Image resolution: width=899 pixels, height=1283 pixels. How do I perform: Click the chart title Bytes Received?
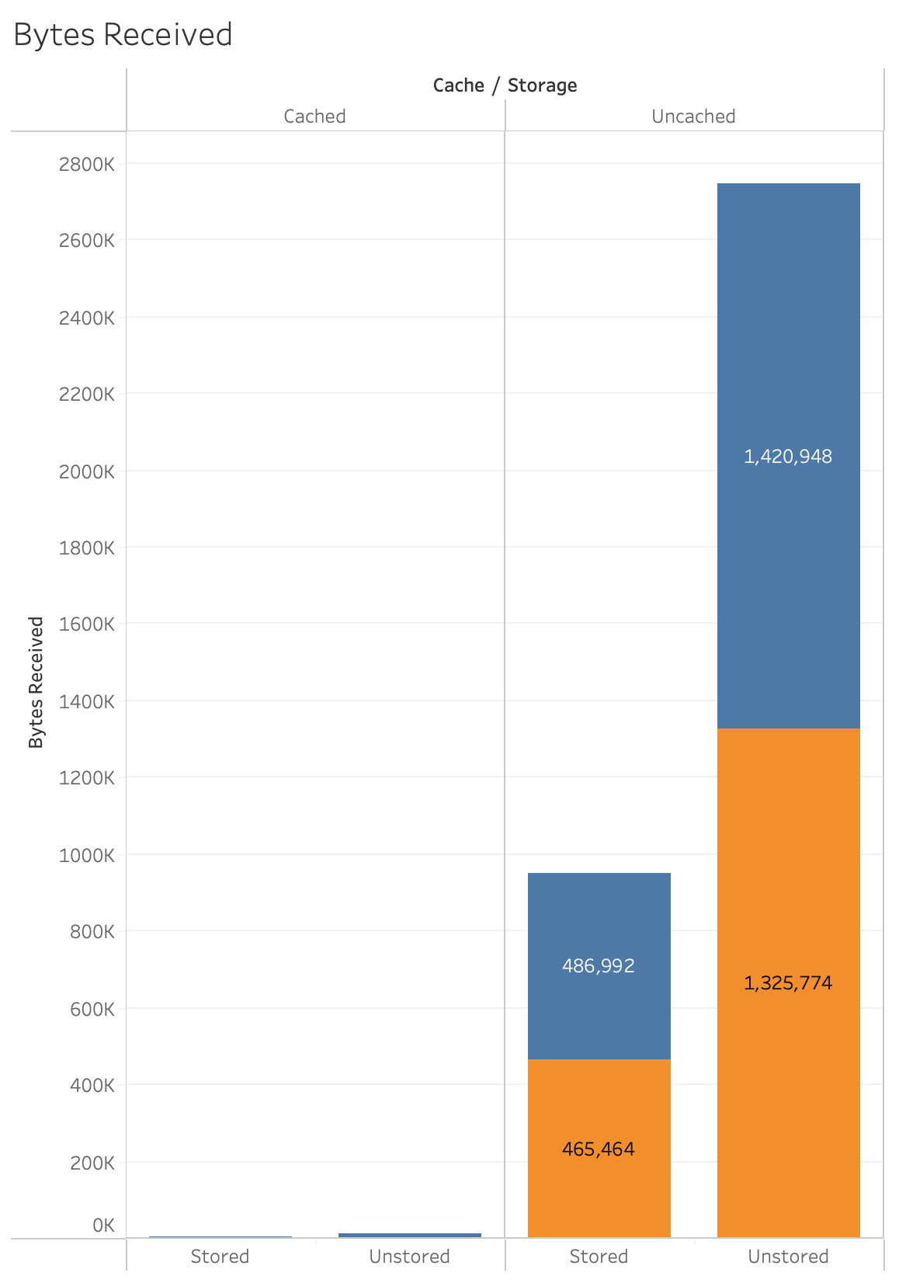tap(123, 35)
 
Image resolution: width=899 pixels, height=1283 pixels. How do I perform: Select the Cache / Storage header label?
tap(505, 85)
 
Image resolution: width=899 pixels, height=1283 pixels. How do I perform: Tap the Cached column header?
tap(314, 116)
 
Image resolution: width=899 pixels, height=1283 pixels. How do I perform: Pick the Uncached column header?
tap(693, 116)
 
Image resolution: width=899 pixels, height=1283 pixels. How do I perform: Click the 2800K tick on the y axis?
tap(86, 164)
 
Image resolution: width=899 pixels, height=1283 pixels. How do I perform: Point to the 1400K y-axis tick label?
tap(86, 702)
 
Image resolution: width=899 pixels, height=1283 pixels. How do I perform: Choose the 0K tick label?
tap(103, 1226)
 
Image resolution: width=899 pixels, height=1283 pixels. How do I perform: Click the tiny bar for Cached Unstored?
tap(409, 1235)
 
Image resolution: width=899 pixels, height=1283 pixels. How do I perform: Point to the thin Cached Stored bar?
tap(220, 1236)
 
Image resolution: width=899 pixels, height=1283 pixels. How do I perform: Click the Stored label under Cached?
tap(220, 1257)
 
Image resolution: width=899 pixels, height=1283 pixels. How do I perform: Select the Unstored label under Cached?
tap(409, 1257)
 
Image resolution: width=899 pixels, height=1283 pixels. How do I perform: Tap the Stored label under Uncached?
tap(599, 1257)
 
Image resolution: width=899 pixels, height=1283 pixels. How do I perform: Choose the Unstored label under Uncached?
tap(788, 1257)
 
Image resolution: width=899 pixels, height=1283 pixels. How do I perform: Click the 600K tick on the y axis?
tap(92, 1010)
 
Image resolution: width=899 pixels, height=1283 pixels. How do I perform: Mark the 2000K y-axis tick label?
tap(86, 471)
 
